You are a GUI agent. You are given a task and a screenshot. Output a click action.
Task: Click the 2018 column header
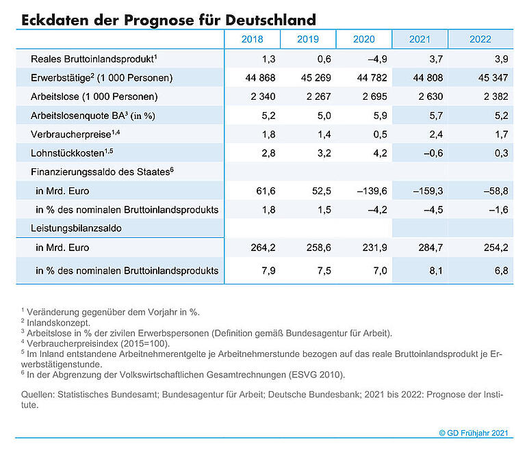coord(252,39)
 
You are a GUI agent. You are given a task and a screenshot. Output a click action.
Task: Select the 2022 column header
coord(480,39)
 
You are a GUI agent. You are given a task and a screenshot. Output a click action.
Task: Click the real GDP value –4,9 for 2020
coord(377,59)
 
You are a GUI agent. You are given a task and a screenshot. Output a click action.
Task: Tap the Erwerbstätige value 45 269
coord(316,78)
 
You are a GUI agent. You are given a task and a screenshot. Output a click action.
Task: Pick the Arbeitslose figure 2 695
coord(374,96)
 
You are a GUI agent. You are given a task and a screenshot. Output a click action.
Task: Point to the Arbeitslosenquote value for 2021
coord(436,116)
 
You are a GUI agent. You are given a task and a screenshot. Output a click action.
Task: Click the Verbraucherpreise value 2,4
coord(436,135)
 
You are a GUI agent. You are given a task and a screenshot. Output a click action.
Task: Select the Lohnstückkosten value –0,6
coord(433,153)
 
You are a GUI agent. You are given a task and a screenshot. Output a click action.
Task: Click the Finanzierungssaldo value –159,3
coord(428,191)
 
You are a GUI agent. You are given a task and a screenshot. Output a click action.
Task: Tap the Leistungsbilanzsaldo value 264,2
coord(263,248)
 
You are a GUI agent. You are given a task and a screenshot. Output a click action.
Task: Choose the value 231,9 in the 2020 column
coord(374,248)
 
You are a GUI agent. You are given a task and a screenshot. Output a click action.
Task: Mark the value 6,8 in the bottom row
coord(501,271)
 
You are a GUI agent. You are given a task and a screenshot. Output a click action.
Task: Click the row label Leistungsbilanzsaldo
coord(76,228)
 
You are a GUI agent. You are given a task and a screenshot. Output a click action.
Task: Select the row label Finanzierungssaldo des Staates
coord(102,172)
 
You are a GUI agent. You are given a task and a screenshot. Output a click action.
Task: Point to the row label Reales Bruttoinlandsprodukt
coord(94,59)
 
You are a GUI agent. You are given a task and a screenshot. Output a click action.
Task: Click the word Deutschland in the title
coord(270,20)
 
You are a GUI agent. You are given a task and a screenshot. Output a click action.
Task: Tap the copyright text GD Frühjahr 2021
coord(474,433)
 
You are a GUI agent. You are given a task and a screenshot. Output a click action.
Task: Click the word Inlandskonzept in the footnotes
coord(58,323)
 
